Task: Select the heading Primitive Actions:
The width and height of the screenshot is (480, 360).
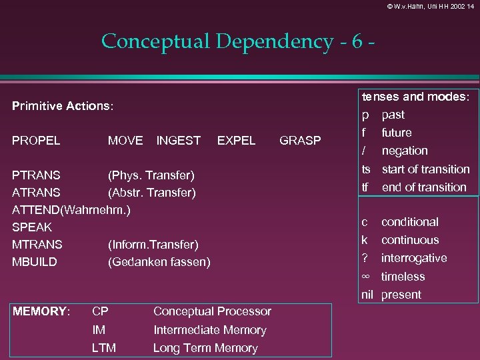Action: pos(63,106)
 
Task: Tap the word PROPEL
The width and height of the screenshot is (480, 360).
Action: pos(37,140)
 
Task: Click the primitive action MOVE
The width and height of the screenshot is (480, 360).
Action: pos(125,140)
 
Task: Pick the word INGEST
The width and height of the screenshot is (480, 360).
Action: pos(178,140)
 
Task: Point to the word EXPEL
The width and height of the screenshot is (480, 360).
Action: pos(237,140)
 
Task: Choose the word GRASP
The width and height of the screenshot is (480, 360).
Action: pos(300,140)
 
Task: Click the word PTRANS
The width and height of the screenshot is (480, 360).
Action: pos(37,175)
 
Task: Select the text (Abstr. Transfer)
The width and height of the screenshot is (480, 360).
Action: pos(152,193)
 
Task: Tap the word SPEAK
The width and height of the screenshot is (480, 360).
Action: pos(32,227)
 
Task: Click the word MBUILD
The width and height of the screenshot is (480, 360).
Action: pos(35,262)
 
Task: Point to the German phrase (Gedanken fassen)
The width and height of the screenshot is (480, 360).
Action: pos(159,262)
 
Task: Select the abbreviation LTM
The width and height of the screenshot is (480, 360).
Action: pos(104,348)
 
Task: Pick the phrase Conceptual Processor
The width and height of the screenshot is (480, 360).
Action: pos(212,311)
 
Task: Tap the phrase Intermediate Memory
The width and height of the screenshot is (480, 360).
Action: pos(210,330)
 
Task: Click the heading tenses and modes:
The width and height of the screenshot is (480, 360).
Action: pos(416,97)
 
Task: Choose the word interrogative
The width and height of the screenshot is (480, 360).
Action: pos(414,258)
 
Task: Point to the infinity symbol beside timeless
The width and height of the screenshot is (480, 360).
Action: pos(365,276)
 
